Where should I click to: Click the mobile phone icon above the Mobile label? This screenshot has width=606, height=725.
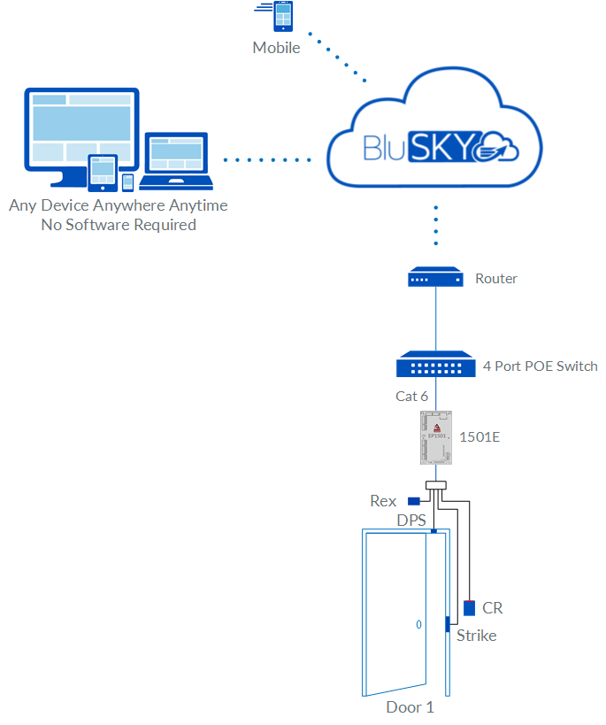click(284, 18)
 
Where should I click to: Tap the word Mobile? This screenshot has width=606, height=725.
click(276, 48)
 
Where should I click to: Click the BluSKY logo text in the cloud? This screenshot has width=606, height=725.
click(421, 147)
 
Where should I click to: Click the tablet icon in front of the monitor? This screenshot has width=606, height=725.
click(104, 172)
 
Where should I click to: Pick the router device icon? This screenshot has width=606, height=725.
click(435, 278)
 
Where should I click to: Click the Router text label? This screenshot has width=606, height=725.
click(496, 278)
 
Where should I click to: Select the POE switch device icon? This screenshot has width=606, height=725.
click(435, 365)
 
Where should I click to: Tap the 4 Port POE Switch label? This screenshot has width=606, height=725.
click(540, 366)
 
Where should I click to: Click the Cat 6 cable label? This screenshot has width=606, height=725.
click(411, 397)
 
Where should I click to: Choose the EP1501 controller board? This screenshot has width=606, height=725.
click(435, 437)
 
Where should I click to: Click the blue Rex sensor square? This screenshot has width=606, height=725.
click(413, 501)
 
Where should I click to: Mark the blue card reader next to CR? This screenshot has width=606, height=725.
click(469, 608)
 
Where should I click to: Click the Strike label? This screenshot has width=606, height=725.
click(476, 636)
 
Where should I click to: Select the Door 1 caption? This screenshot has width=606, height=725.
click(410, 707)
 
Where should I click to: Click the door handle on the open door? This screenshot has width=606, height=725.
click(418, 624)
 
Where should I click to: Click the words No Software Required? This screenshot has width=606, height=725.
click(119, 225)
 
